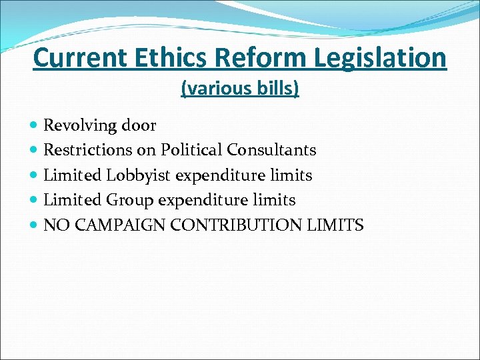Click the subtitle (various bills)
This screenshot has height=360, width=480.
pos(240,89)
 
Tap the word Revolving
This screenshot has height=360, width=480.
pos(77,125)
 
